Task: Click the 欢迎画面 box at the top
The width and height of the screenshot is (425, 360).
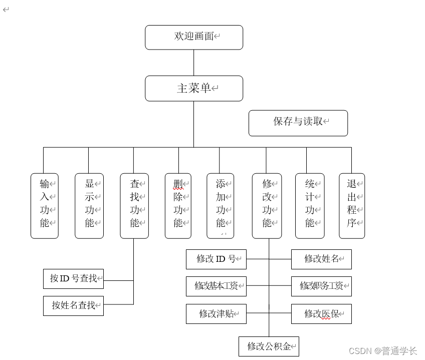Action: [x=194, y=38]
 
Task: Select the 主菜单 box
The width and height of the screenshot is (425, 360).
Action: [x=194, y=89]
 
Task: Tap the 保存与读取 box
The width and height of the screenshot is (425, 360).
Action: [x=298, y=123]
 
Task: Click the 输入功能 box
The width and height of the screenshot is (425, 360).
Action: [x=45, y=206]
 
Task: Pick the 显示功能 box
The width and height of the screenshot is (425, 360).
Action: [x=89, y=206]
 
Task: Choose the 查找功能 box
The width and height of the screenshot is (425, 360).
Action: [x=134, y=206]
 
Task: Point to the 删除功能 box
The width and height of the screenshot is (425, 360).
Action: [x=178, y=206]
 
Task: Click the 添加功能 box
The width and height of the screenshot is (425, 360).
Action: [x=220, y=206]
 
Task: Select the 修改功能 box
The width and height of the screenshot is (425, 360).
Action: [x=267, y=206]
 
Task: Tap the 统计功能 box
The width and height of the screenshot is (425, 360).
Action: [x=310, y=206]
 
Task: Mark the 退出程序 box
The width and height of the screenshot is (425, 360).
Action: [x=352, y=206]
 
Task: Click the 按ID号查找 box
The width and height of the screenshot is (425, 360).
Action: [x=73, y=279]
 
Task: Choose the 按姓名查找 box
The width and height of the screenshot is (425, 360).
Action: [x=73, y=305]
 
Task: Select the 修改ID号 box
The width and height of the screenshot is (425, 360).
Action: [x=216, y=259]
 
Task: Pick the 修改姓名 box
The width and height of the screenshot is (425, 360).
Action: [x=321, y=259]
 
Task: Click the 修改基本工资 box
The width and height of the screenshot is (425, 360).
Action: [x=216, y=286]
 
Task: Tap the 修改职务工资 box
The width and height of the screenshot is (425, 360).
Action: [x=321, y=286]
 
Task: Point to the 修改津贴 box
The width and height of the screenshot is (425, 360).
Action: [x=216, y=314]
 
